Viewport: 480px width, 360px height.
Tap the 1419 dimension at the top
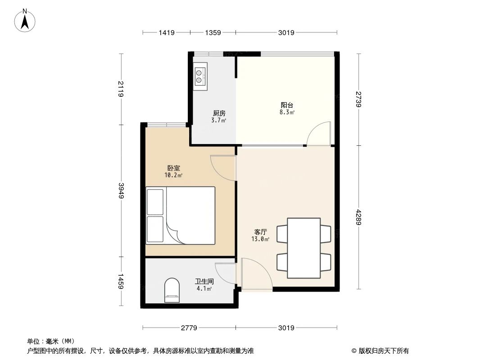tap(166, 32)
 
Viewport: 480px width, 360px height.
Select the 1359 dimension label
tap(213, 32)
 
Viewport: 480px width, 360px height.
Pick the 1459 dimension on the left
tap(121, 282)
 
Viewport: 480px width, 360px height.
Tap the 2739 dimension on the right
tap(358, 99)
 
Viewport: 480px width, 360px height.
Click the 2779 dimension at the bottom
tap(189, 328)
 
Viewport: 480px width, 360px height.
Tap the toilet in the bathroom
tap(172, 290)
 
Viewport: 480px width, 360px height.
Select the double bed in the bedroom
tap(180, 216)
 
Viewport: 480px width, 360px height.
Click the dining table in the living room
tap(303, 247)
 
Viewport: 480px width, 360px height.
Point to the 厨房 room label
tap(219, 113)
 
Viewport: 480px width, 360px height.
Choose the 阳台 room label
tap(287, 105)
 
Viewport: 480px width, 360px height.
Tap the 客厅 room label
tap(261, 232)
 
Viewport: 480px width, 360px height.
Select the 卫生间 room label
tap(204, 281)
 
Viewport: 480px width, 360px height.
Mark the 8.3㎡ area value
tap(287, 112)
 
